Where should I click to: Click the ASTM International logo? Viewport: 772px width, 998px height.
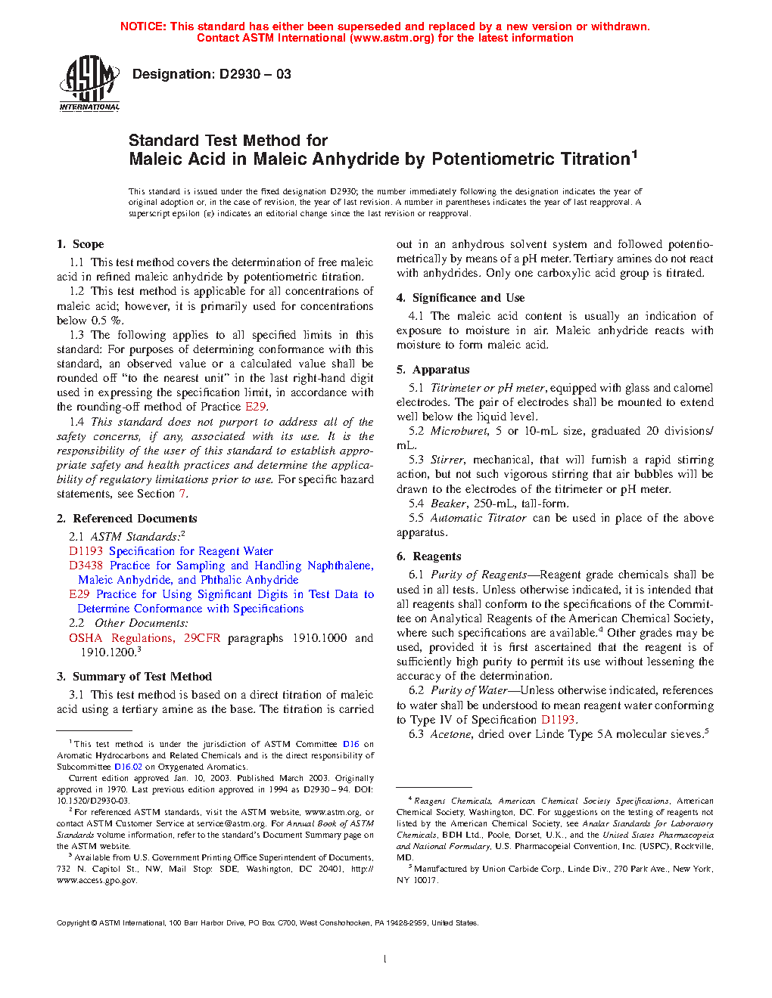(89, 84)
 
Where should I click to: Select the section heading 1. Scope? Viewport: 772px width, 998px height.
(80, 244)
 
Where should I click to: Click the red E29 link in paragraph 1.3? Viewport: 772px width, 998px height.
(256, 407)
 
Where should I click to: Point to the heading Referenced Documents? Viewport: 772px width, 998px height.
(135, 519)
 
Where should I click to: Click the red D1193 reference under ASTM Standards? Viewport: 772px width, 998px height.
(86, 551)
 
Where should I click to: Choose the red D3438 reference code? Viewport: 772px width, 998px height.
(86, 566)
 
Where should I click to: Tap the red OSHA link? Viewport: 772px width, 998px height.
(85, 638)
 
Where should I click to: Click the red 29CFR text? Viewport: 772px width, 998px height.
(202, 638)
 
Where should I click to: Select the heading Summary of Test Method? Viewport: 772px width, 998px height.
(142, 677)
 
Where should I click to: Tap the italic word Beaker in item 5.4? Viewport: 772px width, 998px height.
(448, 504)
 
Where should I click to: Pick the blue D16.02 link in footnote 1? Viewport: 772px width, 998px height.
(128, 767)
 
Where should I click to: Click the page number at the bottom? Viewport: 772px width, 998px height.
(385, 959)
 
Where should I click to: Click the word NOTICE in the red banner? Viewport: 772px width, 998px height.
(143, 26)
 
